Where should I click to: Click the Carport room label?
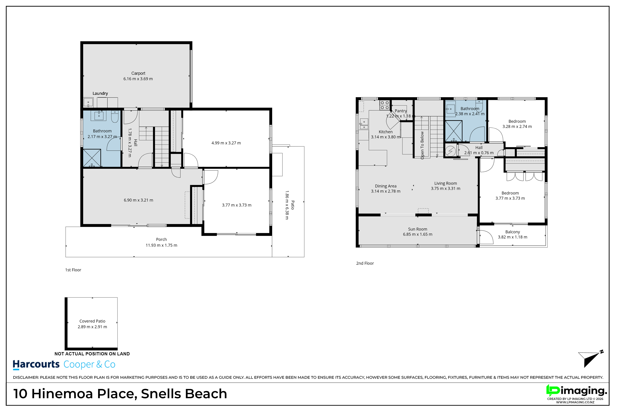[x=138, y=73]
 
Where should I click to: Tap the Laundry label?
[x=100, y=93]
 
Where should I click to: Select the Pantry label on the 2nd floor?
[x=401, y=111]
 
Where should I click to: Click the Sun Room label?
[x=418, y=229]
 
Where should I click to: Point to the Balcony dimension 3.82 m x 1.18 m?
[x=513, y=237]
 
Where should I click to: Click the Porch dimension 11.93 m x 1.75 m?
[x=161, y=245]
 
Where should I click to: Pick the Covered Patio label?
[x=92, y=321]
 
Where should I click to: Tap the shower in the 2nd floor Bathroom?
[x=453, y=131]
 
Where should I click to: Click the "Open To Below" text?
[x=422, y=145]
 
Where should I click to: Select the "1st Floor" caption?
[x=73, y=270]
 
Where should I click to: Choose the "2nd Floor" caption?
[x=365, y=263]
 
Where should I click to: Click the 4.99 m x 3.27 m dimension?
[x=226, y=143]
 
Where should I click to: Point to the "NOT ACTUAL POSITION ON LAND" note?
[x=92, y=354]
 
